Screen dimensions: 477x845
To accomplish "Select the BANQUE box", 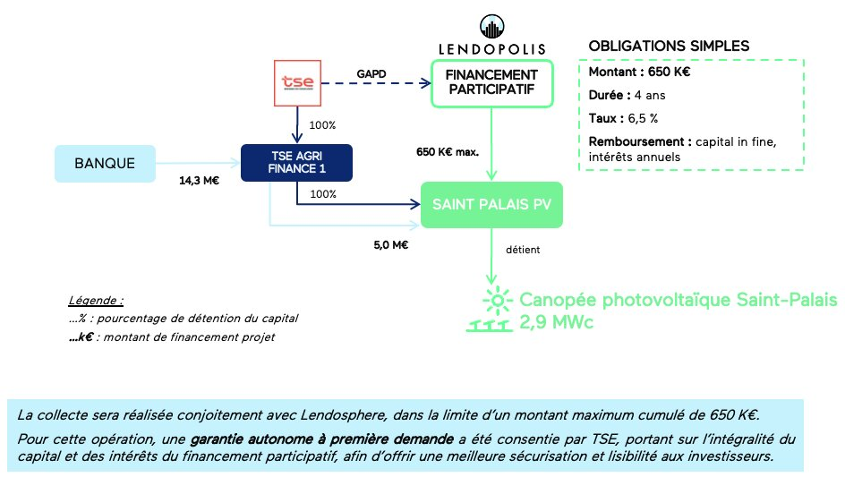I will pos(105,164).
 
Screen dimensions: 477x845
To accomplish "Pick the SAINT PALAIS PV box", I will pos(491,204).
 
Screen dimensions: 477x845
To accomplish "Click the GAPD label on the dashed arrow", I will pos(370,72).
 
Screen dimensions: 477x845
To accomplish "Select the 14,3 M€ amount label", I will pos(200,180).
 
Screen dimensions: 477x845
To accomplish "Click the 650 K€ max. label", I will pos(448,151).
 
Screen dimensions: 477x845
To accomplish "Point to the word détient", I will pos(523,250).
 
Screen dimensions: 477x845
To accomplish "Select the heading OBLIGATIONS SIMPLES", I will pos(669,46).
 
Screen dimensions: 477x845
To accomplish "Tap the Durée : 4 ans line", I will pos(627,95).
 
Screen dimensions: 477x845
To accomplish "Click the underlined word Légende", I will pos(96,300).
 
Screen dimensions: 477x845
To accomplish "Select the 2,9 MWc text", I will pos(557,322).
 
